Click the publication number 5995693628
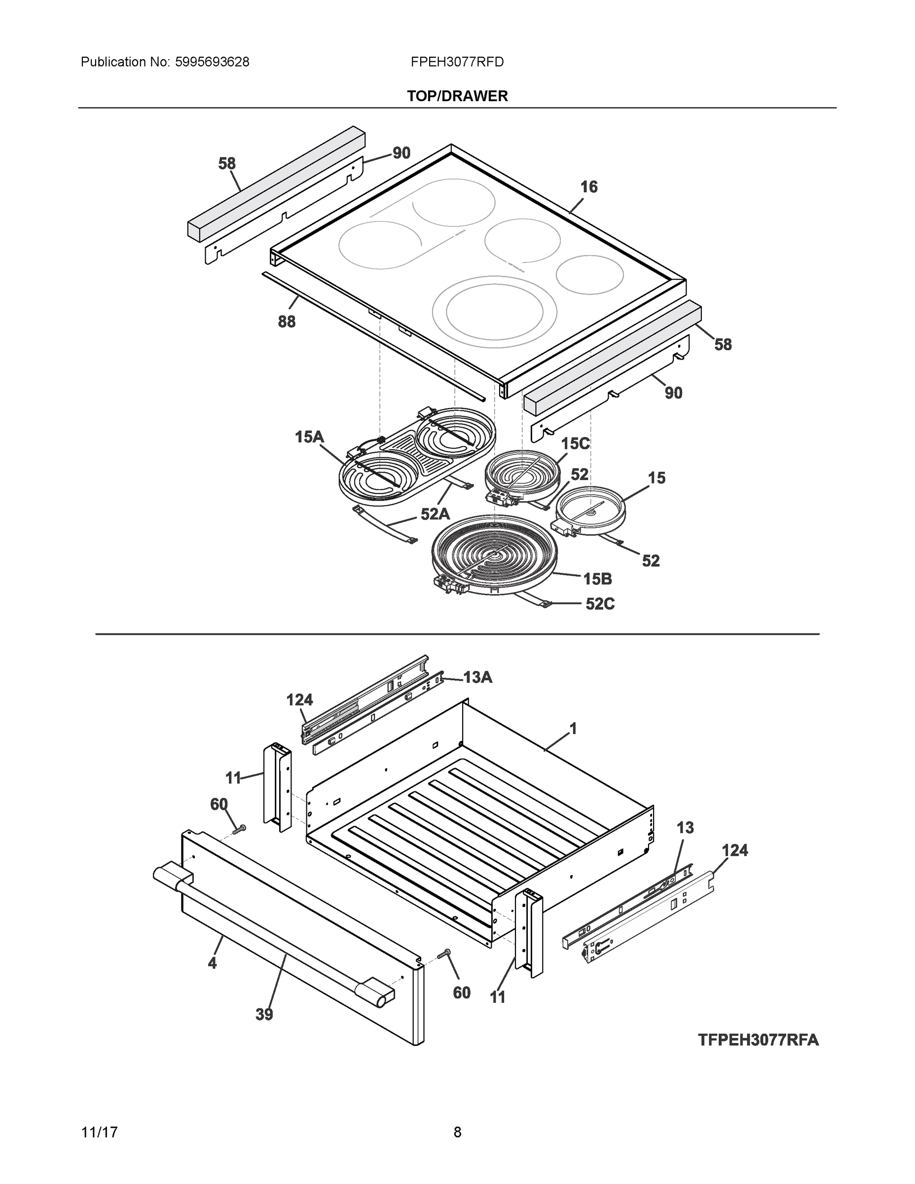(212, 62)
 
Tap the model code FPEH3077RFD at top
(457, 62)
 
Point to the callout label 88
(287, 322)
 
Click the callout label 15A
(309, 437)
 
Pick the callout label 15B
(597, 580)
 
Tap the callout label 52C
(600, 604)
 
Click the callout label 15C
(575, 444)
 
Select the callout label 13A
(477, 677)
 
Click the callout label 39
(264, 1014)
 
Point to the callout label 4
(212, 963)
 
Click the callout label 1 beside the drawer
(573, 729)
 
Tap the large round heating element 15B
(493, 555)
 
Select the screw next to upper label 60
(239, 829)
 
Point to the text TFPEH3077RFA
(758, 1040)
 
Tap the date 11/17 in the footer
(99, 1132)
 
